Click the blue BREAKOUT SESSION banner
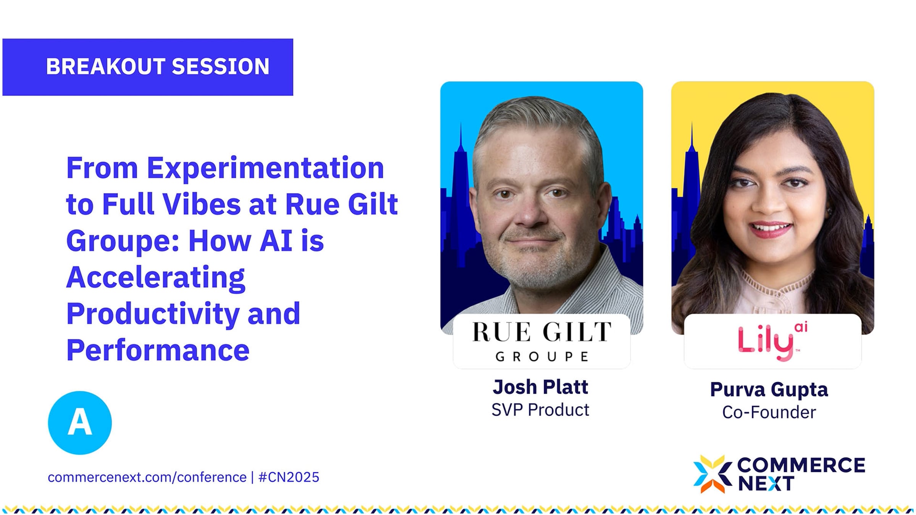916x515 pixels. click(148, 67)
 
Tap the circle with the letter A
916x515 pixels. click(80, 423)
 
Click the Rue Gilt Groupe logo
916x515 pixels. click(542, 341)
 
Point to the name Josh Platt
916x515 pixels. click(540, 387)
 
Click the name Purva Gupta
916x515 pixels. click(769, 390)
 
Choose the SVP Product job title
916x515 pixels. click(540, 410)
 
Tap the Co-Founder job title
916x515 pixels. click(769, 412)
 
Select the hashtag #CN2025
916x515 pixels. click(289, 477)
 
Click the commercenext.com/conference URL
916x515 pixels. click(147, 477)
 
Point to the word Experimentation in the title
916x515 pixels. click(265, 168)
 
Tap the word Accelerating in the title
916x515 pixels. click(156, 278)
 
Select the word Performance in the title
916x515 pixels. click(158, 350)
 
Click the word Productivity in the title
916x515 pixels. click(153, 314)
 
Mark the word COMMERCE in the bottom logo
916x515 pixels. click(801, 465)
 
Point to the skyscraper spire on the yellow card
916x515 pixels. click(692, 135)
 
